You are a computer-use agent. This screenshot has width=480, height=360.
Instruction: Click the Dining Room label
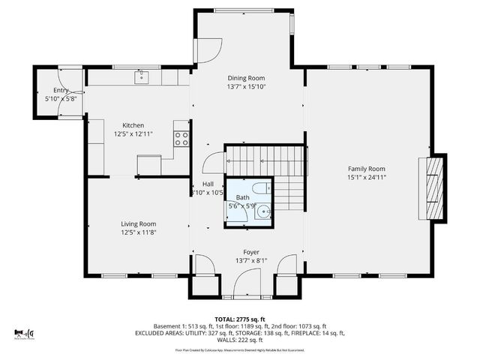point(246,77)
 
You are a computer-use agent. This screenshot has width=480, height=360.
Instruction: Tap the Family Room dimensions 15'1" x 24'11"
point(366,178)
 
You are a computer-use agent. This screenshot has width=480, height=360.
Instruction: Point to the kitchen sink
point(140,76)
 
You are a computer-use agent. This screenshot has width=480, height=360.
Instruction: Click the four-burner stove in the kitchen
point(181,138)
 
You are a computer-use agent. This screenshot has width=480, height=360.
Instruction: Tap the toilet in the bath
point(256,188)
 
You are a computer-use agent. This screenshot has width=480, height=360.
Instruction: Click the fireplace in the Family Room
point(433,186)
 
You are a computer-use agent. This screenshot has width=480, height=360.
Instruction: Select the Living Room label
point(139,223)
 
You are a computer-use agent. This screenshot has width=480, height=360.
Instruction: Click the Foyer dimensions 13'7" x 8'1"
point(250,261)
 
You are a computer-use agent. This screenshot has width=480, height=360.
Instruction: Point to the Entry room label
point(61,90)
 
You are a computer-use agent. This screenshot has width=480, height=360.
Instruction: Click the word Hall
point(208,184)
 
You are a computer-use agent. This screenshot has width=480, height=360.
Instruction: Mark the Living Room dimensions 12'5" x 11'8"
point(139,232)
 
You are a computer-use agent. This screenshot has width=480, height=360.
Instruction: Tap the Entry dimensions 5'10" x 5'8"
point(61,98)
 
